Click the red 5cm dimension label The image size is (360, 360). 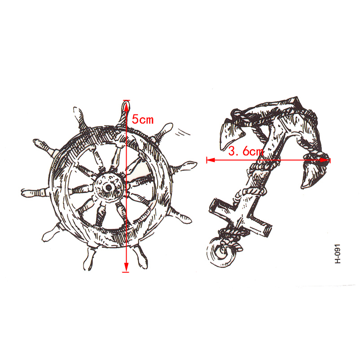click(x=143, y=119)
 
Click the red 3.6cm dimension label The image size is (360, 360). click(x=246, y=152)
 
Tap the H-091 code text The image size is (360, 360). click(x=338, y=254)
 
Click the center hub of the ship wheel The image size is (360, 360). click(x=108, y=187)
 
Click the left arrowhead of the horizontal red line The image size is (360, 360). click(x=211, y=160)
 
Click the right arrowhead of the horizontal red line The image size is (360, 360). click(x=325, y=160)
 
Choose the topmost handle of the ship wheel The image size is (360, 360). click(x=124, y=113)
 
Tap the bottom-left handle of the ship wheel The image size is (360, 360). click(x=51, y=233)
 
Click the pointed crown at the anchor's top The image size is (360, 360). click(x=296, y=101)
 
